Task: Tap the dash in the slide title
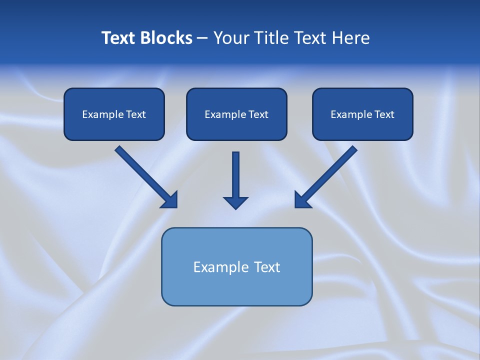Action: pyautogui.click(x=202, y=38)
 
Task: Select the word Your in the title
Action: pyautogui.click(x=231, y=38)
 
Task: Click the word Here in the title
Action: pyautogui.click(x=351, y=38)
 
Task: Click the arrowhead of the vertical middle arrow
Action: pyautogui.click(x=235, y=202)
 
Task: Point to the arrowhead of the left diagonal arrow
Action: pyautogui.click(x=170, y=200)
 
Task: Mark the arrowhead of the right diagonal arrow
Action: pyautogui.click(x=302, y=200)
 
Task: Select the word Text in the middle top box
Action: pyautogui.click(x=258, y=114)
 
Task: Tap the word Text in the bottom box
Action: pyautogui.click(x=267, y=267)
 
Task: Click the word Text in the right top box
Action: pyautogui.click(x=384, y=114)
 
